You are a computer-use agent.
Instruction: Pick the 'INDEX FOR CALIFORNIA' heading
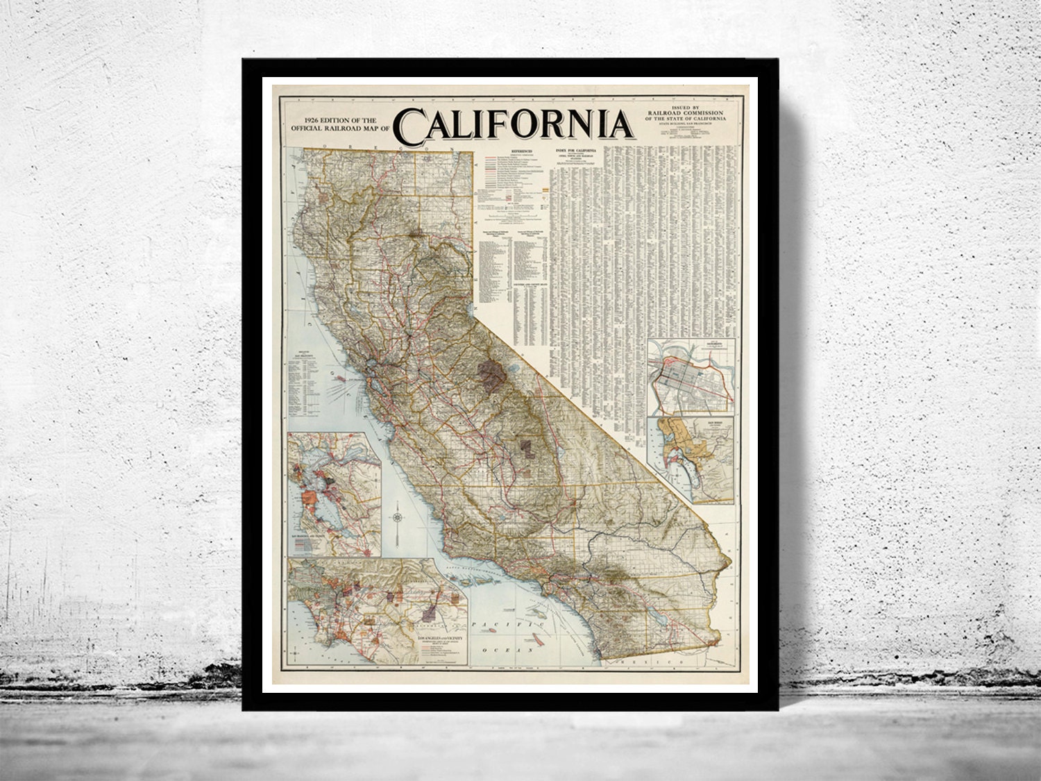coord(575,151)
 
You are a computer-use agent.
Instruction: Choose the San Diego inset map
coord(691,458)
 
